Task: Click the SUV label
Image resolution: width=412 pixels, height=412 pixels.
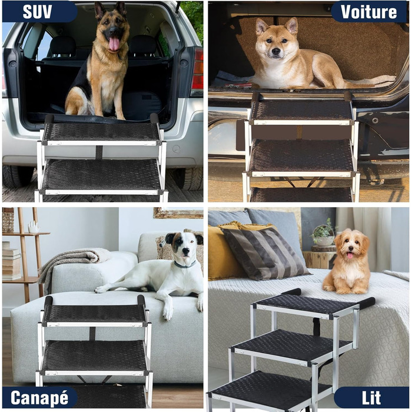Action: [37, 12]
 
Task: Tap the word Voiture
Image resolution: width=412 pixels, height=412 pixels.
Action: [368, 12]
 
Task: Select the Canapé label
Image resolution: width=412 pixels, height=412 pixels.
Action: [39, 397]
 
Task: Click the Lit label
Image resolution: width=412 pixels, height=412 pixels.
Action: [371, 398]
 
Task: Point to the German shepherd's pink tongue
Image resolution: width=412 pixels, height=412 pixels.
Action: [114, 44]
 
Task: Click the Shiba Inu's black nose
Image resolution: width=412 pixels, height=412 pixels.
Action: [276, 51]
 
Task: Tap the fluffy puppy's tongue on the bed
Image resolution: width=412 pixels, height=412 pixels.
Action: [350, 255]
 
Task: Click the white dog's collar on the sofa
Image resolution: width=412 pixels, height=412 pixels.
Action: [185, 265]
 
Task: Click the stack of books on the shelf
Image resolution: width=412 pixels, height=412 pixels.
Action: [12, 261]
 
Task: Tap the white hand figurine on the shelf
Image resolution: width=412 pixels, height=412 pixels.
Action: [34, 227]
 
